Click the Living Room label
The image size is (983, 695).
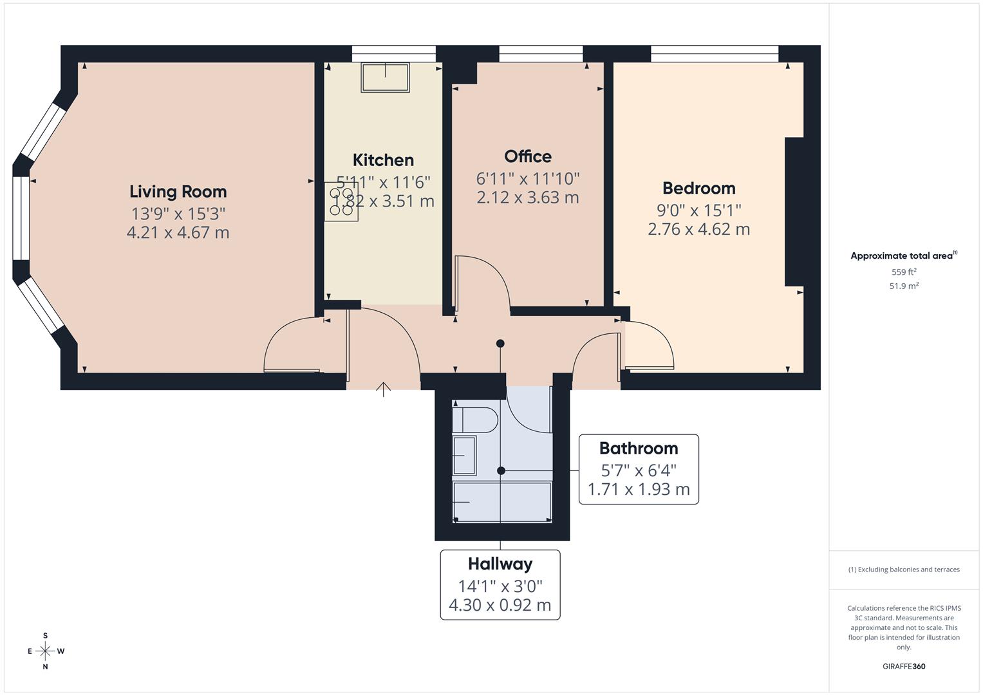(x=178, y=192)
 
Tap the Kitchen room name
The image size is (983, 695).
(x=383, y=160)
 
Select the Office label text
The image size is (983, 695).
(x=527, y=157)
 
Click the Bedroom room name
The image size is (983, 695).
(x=698, y=189)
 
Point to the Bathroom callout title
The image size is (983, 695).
(x=638, y=449)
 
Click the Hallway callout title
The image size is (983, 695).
(x=500, y=564)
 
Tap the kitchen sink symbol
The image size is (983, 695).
(x=385, y=77)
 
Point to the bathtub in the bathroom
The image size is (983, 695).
(x=502, y=502)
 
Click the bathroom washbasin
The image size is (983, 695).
(x=464, y=455)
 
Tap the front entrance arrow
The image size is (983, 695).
(x=383, y=389)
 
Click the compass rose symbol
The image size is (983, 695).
(x=45, y=651)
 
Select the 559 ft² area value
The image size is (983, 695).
(x=903, y=272)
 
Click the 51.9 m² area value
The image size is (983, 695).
(x=903, y=286)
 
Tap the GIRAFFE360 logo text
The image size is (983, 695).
(x=903, y=667)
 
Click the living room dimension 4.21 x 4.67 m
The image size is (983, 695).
(x=178, y=233)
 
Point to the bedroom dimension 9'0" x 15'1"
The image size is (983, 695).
(x=698, y=210)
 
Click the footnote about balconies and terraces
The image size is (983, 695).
(x=903, y=570)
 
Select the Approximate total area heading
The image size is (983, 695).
(x=903, y=256)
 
